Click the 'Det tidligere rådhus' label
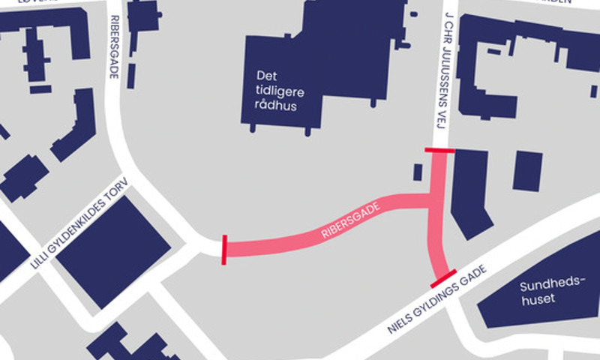click(277, 91)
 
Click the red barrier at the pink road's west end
click(223, 250)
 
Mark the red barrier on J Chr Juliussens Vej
click(439, 151)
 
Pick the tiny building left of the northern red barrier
click(418, 172)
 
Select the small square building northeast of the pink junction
click(527, 171)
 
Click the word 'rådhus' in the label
click(277, 106)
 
